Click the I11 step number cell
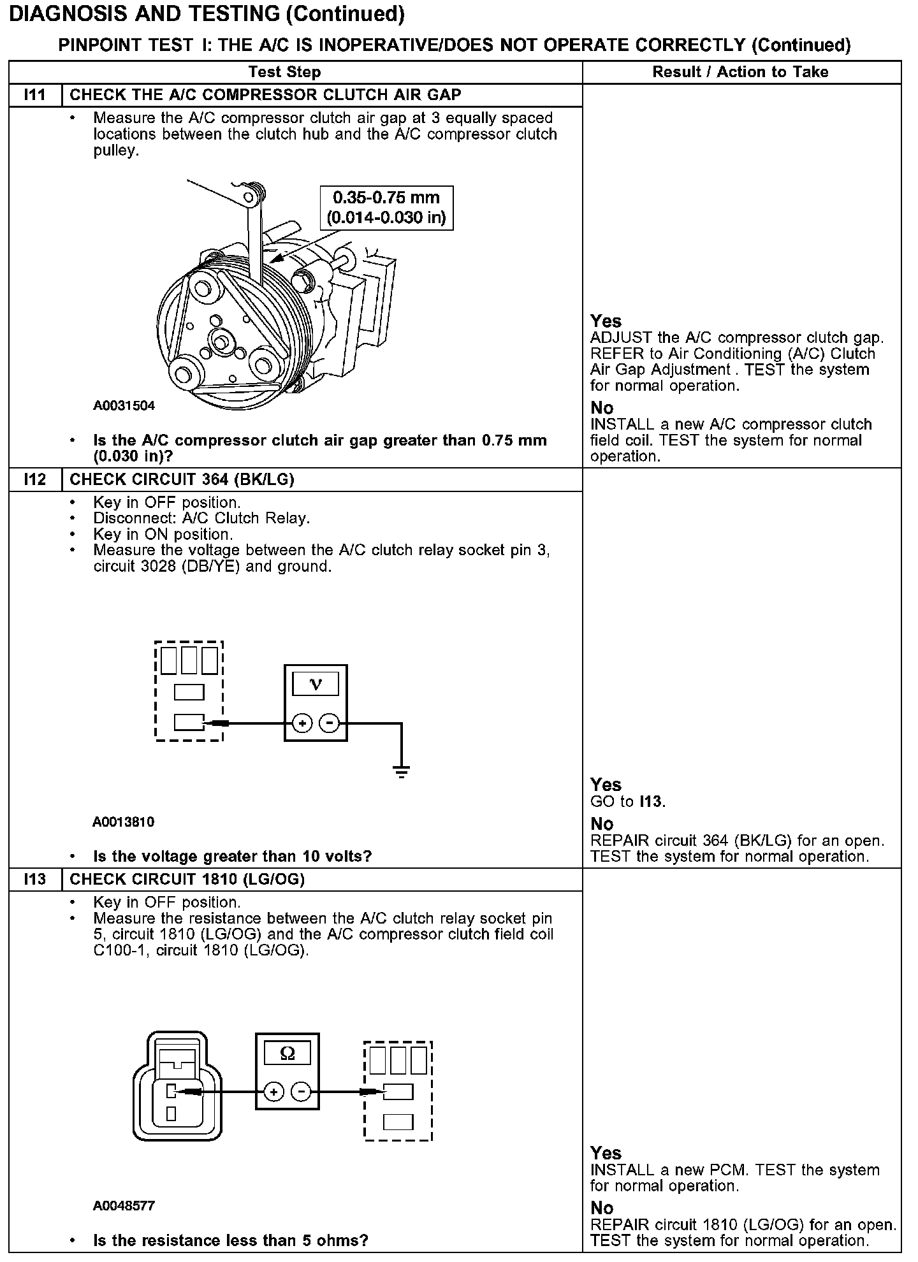click(x=35, y=95)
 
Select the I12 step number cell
click(x=35, y=479)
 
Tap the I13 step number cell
click(x=35, y=879)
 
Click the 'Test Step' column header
click(x=284, y=72)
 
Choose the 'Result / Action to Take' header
click(x=740, y=72)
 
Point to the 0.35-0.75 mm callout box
click(x=386, y=207)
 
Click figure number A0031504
click(x=124, y=405)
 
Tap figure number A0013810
click(x=124, y=822)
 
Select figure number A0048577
click(x=124, y=1205)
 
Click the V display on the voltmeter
click(x=316, y=685)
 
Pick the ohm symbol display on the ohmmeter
click(x=288, y=1053)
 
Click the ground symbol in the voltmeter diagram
click(x=402, y=772)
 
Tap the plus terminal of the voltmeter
click(x=302, y=723)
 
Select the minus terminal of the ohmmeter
click(x=301, y=1092)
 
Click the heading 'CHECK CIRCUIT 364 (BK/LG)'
click(x=182, y=479)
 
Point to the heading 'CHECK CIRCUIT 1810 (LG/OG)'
click(x=187, y=879)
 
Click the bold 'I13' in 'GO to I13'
click(x=651, y=801)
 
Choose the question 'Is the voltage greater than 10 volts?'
click(x=232, y=856)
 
